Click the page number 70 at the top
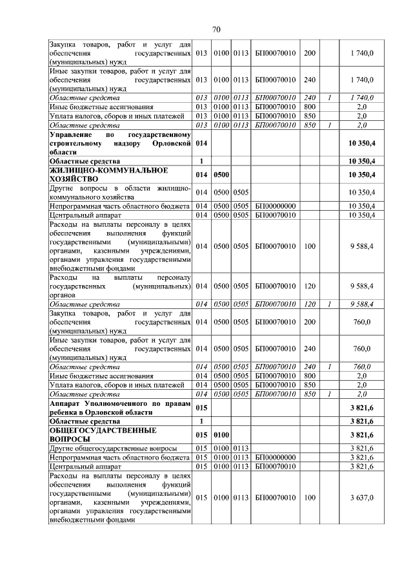[x=216, y=29]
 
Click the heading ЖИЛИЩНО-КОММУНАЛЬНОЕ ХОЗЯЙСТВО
[x=108, y=175]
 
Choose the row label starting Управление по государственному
[x=121, y=142]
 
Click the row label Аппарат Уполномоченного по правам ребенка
[x=121, y=407]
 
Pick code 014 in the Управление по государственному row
[x=201, y=142]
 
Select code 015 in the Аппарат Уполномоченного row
[x=201, y=407]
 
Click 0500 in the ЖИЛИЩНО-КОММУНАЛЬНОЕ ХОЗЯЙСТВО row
[x=221, y=175]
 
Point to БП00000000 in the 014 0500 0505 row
[x=276, y=206]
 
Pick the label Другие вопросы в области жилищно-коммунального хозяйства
[x=121, y=192]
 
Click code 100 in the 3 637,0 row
[x=310, y=497]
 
